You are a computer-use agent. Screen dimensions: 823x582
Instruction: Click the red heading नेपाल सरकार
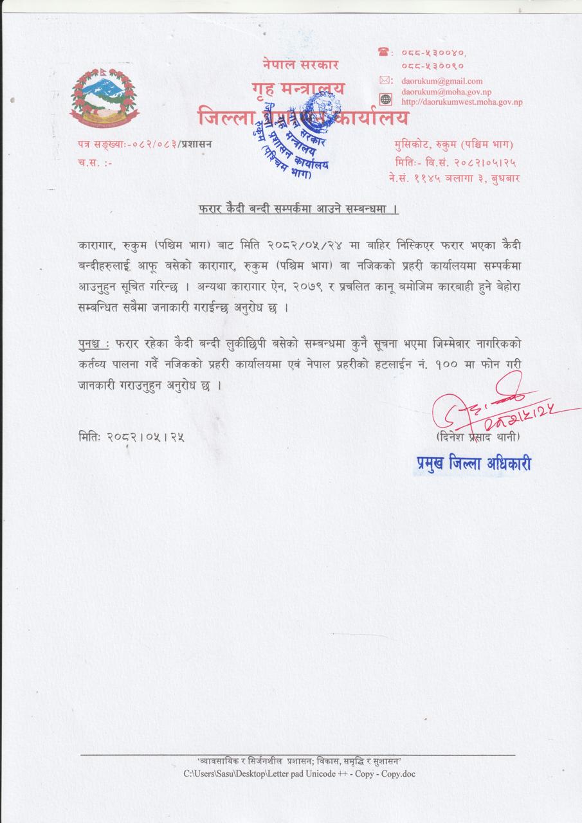tap(300, 64)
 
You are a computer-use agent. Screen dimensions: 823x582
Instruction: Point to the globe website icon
tap(385, 99)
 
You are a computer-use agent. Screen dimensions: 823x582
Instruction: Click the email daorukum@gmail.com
tap(442, 81)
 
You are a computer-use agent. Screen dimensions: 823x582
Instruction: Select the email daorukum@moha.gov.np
tap(446, 92)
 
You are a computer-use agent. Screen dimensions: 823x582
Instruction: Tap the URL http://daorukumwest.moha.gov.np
tap(462, 102)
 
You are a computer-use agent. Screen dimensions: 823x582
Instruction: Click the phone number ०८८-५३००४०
tap(433, 53)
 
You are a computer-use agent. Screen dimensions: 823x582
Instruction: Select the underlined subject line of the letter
tap(295, 210)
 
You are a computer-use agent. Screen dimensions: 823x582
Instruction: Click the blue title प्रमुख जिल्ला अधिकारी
tap(469, 464)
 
